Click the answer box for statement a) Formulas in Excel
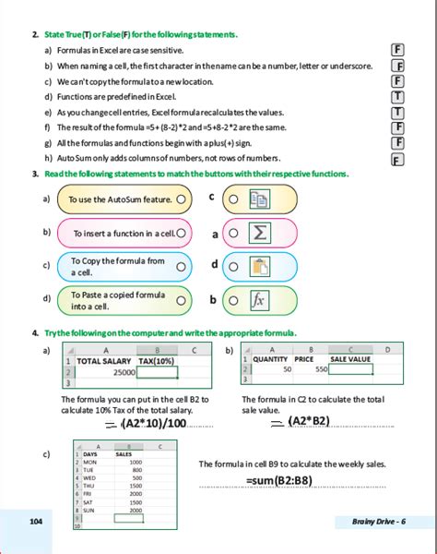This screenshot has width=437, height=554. (398, 50)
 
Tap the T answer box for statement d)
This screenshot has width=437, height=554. (398, 97)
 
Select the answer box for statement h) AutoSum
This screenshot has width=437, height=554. (398, 160)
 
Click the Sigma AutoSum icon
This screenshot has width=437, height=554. (260, 233)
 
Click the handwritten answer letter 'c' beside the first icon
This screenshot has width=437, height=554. (212, 197)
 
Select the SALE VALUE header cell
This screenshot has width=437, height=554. (349, 359)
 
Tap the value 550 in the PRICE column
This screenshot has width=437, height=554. (320, 368)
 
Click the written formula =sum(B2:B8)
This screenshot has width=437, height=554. (287, 481)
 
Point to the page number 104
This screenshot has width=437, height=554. (36, 522)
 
